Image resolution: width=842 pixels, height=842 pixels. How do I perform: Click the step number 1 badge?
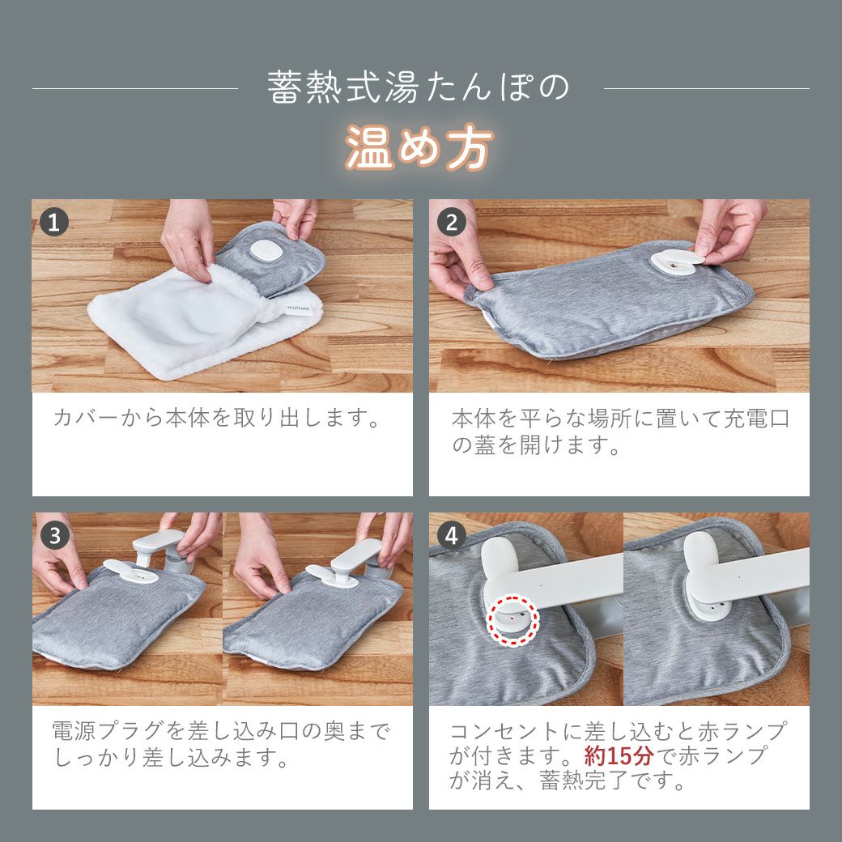54,223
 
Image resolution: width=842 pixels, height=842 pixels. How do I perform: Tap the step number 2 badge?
452,223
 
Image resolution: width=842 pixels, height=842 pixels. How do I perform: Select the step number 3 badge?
54,535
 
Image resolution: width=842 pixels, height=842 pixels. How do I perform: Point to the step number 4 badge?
452,535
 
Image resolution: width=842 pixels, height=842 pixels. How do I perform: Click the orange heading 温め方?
419,147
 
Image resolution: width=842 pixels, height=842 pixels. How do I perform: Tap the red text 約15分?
619,755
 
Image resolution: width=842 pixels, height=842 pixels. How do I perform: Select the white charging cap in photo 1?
267,251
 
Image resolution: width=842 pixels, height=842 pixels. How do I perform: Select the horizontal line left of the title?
134,88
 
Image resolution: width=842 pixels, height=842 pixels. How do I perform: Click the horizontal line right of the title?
707,88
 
